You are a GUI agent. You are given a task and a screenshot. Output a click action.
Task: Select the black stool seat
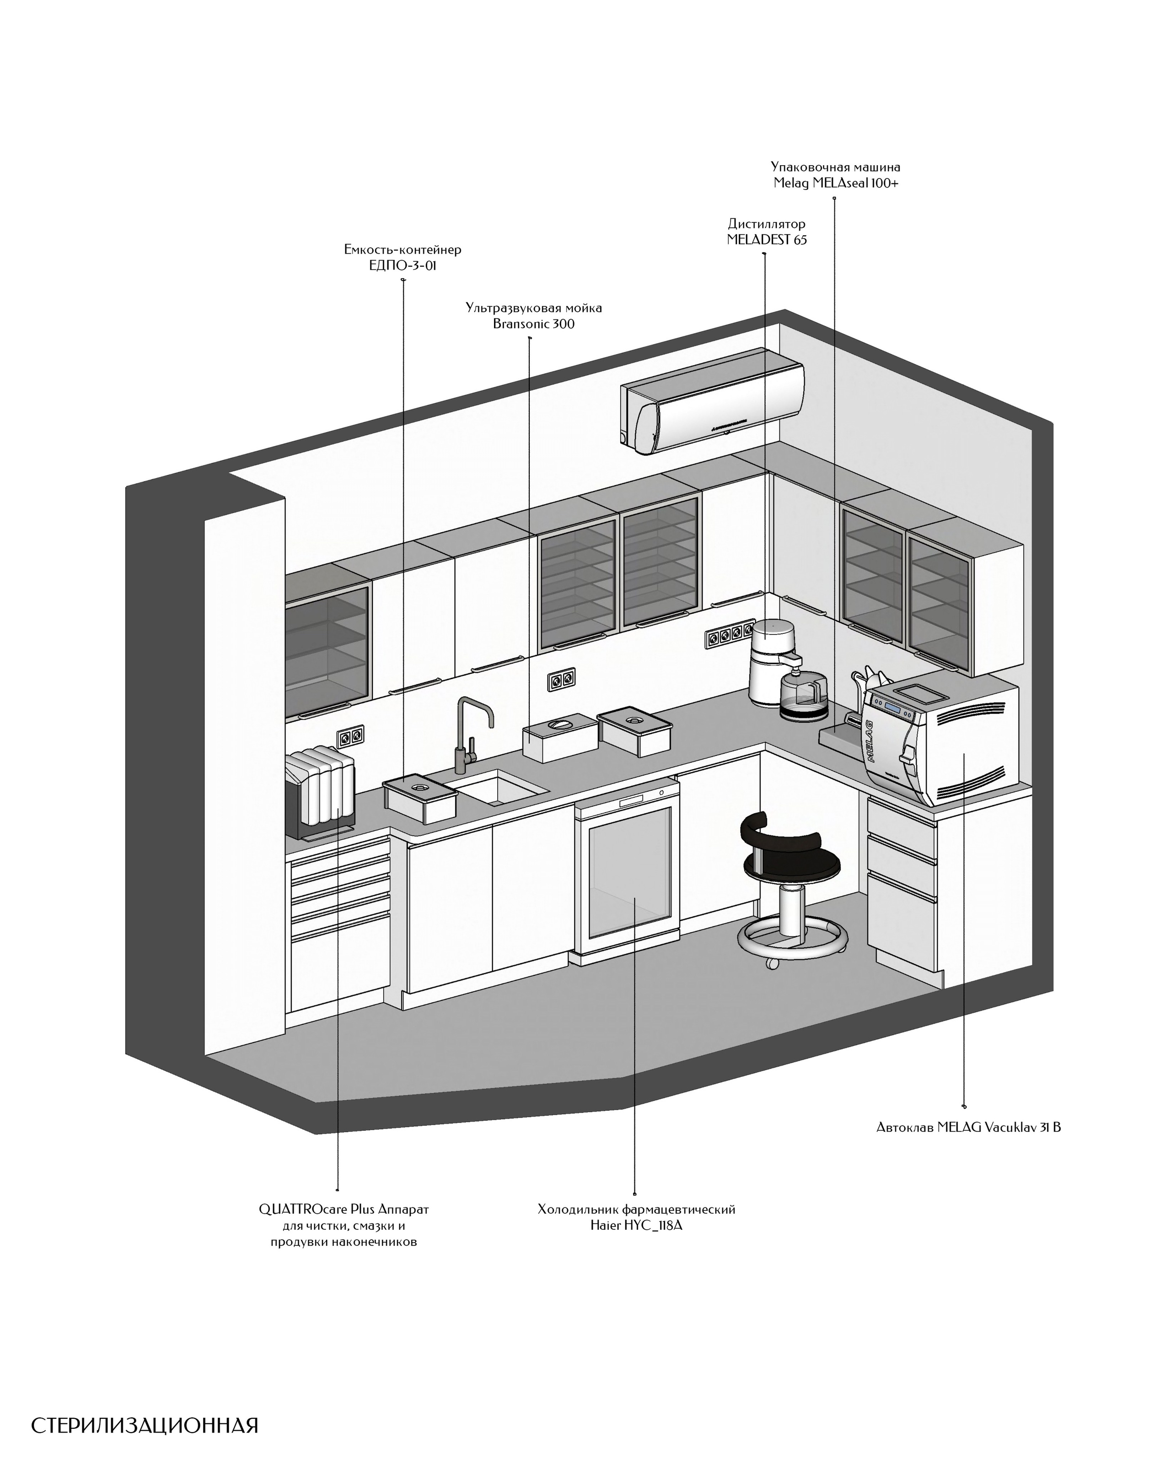click(791, 863)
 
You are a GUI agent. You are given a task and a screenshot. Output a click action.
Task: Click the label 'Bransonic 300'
click(534, 324)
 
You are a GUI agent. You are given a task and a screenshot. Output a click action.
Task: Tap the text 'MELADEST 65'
click(767, 239)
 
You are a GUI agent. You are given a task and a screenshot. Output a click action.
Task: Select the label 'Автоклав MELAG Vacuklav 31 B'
click(968, 1127)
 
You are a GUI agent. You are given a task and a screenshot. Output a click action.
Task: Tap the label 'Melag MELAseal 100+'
click(835, 183)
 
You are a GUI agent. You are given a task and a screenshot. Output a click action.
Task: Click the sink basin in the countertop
click(498, 788)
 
